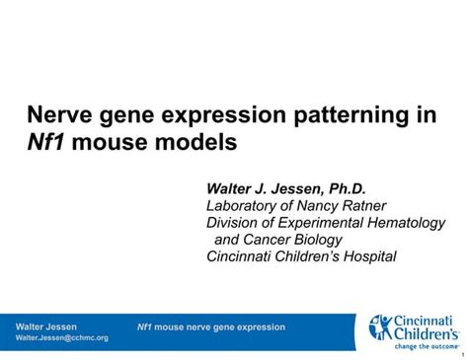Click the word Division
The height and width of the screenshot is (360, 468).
(x=234, y=223)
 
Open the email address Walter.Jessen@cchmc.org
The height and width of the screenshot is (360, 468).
(x=62, y=337)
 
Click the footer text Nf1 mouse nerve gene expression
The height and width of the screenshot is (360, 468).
(x=210, y=326)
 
